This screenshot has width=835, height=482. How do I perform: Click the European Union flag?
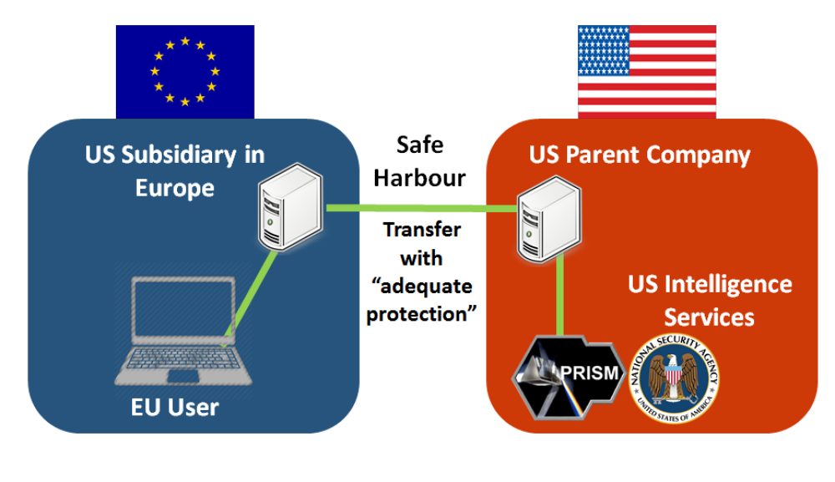point(185,71)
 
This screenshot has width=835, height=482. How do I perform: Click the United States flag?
point(646,71)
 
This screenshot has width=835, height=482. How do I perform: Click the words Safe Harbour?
point(419,161)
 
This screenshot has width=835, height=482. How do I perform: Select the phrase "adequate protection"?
point(422,301)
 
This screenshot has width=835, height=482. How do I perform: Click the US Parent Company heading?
point(640,155)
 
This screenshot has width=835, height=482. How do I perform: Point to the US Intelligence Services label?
point(710,300)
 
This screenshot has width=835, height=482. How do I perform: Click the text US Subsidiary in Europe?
point(175,170)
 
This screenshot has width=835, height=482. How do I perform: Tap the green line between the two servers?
point(417,208)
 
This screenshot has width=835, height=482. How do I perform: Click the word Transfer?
point(422,230)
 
